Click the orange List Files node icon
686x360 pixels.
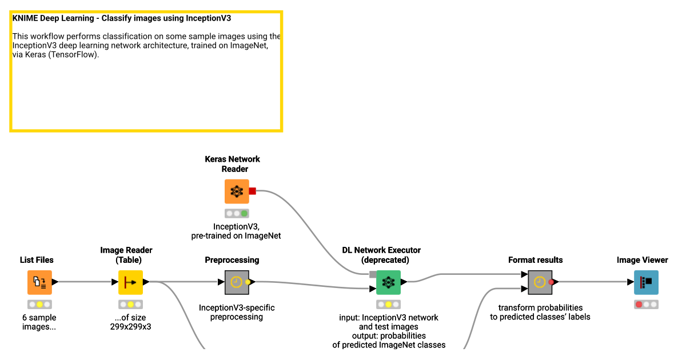click(x=39, y=282)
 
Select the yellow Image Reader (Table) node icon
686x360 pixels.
click(x=130, y=282)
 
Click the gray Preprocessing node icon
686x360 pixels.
click(x=236, y=282)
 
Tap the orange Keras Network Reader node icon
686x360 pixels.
click(x=237, y=191)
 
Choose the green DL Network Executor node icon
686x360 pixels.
click(x=388, y=282)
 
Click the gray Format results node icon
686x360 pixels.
click(x=540, y=282)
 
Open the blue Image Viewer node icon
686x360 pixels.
click(x=646, y=282)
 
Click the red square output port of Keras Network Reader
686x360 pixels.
click(x=252, y=191)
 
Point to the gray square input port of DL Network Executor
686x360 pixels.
click(x=373, y=274)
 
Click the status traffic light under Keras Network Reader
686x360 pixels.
click(x=237, y=213)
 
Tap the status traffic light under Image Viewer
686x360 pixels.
click(x=646, y=305)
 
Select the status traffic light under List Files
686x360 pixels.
click(x=39, y=305)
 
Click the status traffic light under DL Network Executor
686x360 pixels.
click(x=388, y=305)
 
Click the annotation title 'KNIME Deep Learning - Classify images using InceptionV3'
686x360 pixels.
click(x=121, y=18)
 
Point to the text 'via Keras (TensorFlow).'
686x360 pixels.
click(x=55, y=55)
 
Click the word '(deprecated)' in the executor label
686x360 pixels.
click(x=385, y=260)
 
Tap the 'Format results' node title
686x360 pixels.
click(x=535, y=260)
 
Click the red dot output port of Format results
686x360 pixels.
click(x=551, y=282)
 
